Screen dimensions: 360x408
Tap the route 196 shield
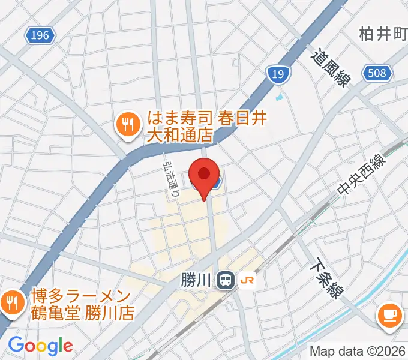pos(40,36)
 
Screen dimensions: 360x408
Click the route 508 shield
pos(377,74)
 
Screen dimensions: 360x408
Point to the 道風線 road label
pos(329,68)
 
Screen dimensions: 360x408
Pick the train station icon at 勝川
pos(226,280)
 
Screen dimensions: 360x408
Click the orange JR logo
pos(245,280)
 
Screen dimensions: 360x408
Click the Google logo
pos(40,345)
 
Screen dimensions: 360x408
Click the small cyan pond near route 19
pos(278,95)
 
